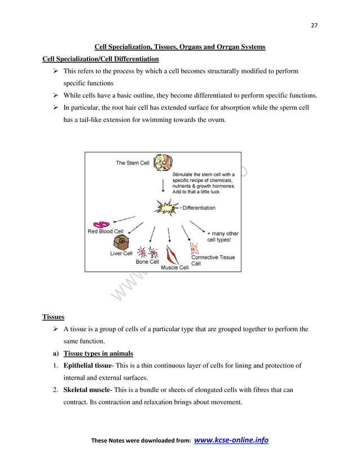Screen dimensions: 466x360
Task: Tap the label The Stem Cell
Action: tap(133, 163)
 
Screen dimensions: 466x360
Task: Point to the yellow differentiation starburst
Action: tap(166, 207)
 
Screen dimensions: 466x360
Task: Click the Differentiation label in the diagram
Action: tap(199, 208)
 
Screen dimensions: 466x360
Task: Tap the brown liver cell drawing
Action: tap(121, 243)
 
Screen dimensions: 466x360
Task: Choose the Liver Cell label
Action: tap(121, 253)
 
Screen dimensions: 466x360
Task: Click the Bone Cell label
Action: tap(147, 262)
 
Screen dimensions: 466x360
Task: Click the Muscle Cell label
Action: tap(174, 267)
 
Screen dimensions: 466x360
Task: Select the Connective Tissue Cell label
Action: tap(213, 260)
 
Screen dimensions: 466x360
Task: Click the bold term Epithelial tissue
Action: tap(87, 366)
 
